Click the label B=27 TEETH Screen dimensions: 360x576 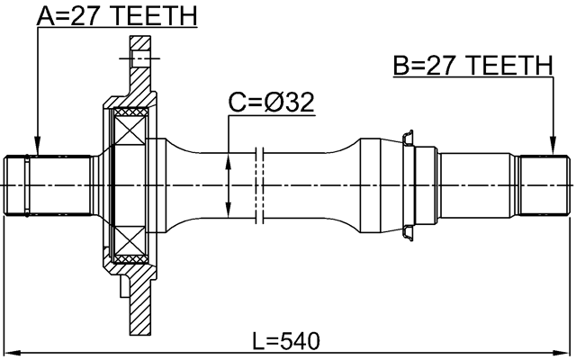pyautogui.click(x=472, y=66)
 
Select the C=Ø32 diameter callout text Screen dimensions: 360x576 pyautogui.click(x=270, y=104)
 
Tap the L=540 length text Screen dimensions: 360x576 pyautogui.click(x=286, y=342)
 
